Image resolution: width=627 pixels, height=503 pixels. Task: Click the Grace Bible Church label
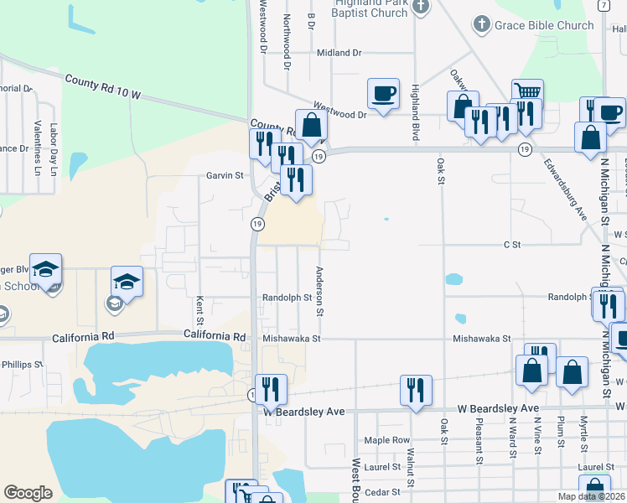coord(544,25)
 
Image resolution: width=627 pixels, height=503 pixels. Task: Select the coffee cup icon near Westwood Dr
coord(383,94)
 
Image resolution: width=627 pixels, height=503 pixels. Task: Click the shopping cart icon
coord(527,92)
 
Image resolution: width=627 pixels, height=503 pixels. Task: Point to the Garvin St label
coord(225,176)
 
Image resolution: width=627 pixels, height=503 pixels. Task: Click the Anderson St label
coord(319,290)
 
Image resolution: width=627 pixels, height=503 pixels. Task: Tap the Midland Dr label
coord(339,53)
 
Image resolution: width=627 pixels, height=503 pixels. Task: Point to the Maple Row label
coord(386,440)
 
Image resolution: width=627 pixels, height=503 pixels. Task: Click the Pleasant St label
coord(479,443)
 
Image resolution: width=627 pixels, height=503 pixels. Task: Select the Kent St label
coord(199,309)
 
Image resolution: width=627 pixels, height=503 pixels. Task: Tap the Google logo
coord(28,493)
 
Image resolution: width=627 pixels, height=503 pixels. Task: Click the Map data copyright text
coord(591,496)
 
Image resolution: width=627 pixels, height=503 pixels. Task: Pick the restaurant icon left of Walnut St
coord(271,389)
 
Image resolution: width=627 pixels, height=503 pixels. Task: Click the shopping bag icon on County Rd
coord(311,126)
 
